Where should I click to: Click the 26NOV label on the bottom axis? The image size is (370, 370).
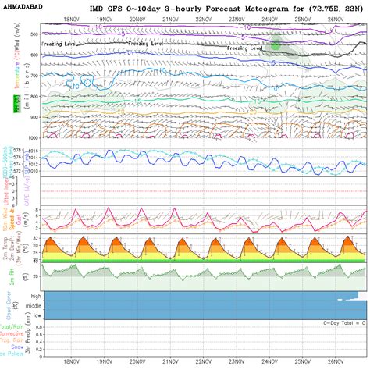336,361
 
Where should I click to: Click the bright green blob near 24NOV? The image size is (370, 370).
276,46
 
